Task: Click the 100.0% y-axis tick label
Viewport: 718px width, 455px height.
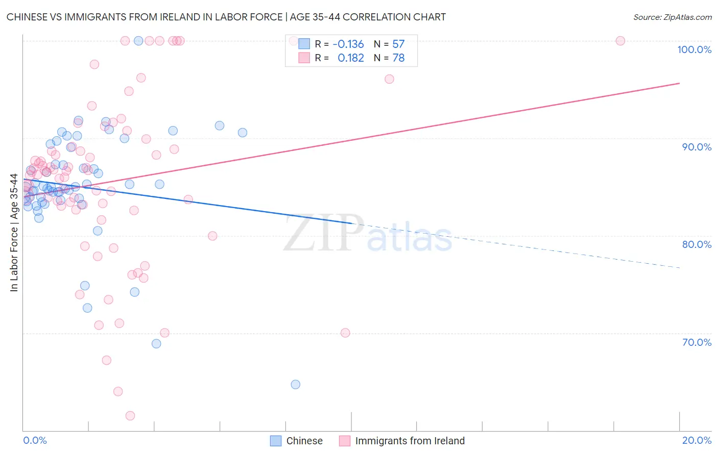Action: [694, 49]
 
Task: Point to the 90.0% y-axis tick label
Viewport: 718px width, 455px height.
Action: [697, 147]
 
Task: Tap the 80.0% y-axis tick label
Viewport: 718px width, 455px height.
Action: [697, 244]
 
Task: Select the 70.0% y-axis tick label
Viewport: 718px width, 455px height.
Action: [697, 342]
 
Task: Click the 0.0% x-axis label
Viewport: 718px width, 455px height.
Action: [35, 440]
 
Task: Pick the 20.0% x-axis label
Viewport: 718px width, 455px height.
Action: [697, 440]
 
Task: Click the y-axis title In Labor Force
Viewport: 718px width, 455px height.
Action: [14, 233]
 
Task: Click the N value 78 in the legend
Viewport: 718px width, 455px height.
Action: [398, 58]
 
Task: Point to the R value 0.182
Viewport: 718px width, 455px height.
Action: [351, 58]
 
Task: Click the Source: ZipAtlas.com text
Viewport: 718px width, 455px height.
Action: [672, 17]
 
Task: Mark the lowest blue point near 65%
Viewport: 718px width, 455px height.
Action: [295, 385]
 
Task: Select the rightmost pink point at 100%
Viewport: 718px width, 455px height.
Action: [620, 41]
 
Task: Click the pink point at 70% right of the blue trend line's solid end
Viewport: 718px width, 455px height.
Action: [345, 333]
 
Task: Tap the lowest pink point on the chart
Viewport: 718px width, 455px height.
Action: [130, 416]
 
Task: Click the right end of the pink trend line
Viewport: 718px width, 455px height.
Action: [679, 83]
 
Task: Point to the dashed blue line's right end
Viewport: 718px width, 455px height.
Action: [679, 267]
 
